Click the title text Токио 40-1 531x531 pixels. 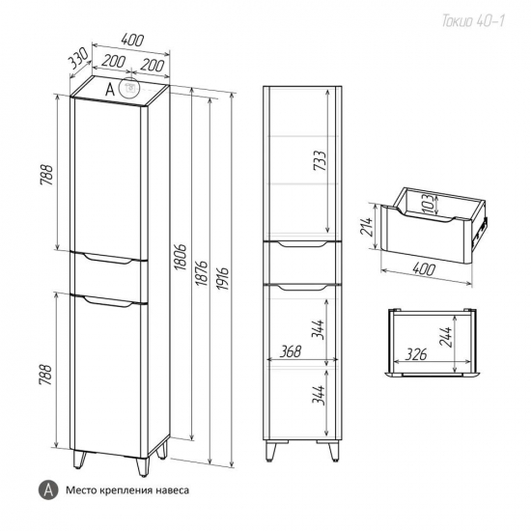[x=473, y=21]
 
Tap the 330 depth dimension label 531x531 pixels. [x=78, y=58]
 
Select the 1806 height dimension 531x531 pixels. [x=182, y=257]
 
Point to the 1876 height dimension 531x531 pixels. [x=202, y=272]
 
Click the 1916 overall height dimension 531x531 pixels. [x=223, y=278]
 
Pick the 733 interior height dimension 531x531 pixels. [x=320, y=160]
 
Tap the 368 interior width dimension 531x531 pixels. [x=291, y=351]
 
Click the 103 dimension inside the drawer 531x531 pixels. [x=428, y=204]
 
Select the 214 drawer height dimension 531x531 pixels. [x=367, y=227]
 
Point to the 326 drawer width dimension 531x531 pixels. [x=416, y=354]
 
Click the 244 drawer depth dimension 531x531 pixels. [x=446, y=337]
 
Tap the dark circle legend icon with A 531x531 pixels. [x=48, y=489]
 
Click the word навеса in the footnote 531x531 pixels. [x=173, y=490]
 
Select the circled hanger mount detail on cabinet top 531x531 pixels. [x=129, y=88]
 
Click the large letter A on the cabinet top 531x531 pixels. [x=110, y=90]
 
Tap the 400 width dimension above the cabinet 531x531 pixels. [x=132, y=41]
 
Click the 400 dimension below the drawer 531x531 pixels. [x=423, y=269]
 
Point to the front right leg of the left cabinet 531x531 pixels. [x=142, y=467]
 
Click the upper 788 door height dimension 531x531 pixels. [x=46, y=175]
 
